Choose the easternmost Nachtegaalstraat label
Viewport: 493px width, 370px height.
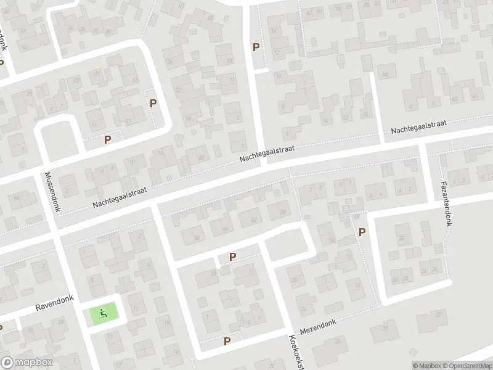point(418,128)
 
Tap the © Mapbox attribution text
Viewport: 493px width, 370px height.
point(426,366)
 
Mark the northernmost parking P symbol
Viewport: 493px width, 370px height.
point(256,47)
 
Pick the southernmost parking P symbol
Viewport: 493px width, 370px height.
point(227,340)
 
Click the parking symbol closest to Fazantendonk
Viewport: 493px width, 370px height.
point(362,232)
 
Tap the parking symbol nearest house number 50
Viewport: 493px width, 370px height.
point(232,257)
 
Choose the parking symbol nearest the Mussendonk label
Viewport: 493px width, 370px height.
point(108,139)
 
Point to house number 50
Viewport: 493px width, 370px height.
point(197,237)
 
